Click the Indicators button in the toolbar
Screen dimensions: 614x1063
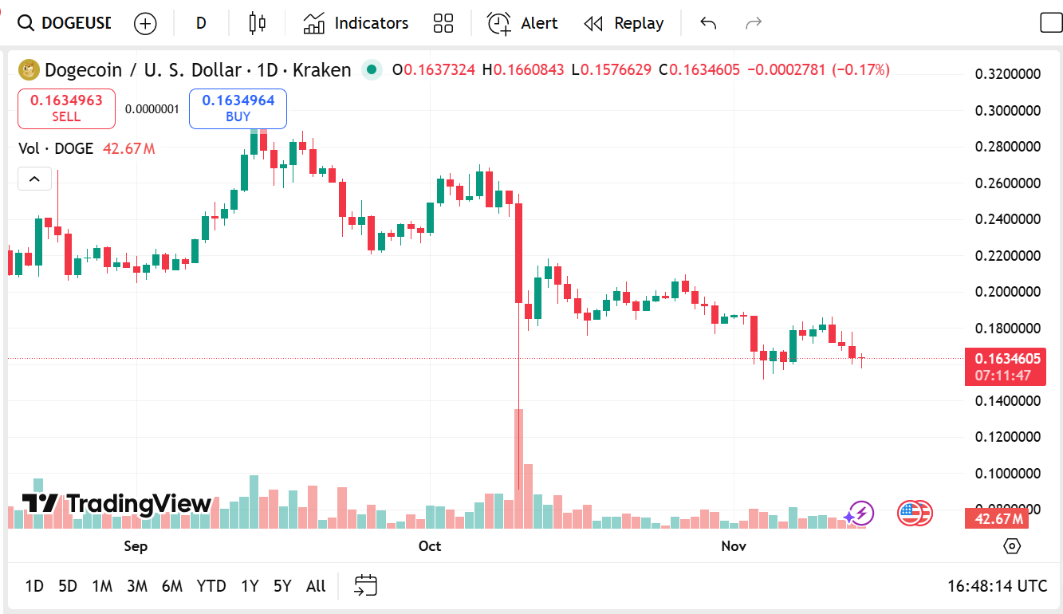click(356, 23)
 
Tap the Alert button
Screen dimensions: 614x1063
click(523, 23)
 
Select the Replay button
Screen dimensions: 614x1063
click(624, 23)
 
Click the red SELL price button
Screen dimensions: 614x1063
click(66, 108)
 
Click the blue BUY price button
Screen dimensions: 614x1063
click(238, 108)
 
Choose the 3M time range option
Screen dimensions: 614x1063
click(136, 586)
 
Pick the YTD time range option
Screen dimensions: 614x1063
click(211, 586)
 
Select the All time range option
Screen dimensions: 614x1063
click(316, 586)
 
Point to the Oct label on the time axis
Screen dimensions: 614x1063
click(430, 546)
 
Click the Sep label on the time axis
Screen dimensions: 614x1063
click(136, 546)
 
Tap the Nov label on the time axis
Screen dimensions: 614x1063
click(734, 546)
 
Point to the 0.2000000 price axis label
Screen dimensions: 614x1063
click(1008, 292)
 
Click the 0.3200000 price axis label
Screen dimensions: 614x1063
click(1008, 74)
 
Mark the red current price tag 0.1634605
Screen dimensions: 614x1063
click(1005, 359)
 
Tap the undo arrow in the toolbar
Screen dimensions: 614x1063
click(708, 23)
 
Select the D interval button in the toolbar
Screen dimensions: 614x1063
click(201, 23)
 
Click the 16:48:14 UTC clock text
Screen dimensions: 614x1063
click(997, 586)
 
